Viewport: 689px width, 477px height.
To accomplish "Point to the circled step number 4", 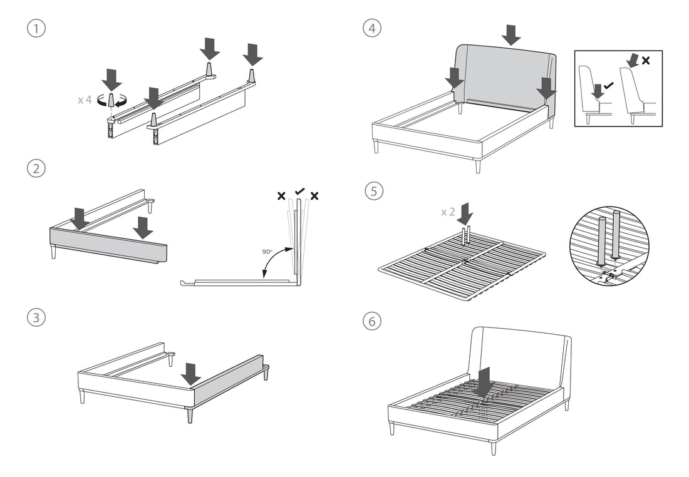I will click(x=373, y=29).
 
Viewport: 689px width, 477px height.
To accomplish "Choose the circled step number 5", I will click(x=373, y=192).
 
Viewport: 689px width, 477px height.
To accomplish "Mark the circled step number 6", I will click(x=373, y=321).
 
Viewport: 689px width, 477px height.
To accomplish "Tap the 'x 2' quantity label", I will click(x=448, y=212).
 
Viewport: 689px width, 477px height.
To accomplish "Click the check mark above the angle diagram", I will click(x=299, y=192).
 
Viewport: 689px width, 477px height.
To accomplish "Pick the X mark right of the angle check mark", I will click(x=314, y=197).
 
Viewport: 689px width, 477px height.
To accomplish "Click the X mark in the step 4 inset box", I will click(x=646, y=61).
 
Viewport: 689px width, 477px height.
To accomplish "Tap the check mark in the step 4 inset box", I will click(x=608, y=84).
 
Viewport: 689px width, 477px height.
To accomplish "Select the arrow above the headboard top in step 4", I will click(x=511, y=35).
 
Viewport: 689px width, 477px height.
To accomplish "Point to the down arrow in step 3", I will click(x=190, y=374).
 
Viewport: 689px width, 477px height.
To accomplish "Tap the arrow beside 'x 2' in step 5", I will click(x=465, y=213).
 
